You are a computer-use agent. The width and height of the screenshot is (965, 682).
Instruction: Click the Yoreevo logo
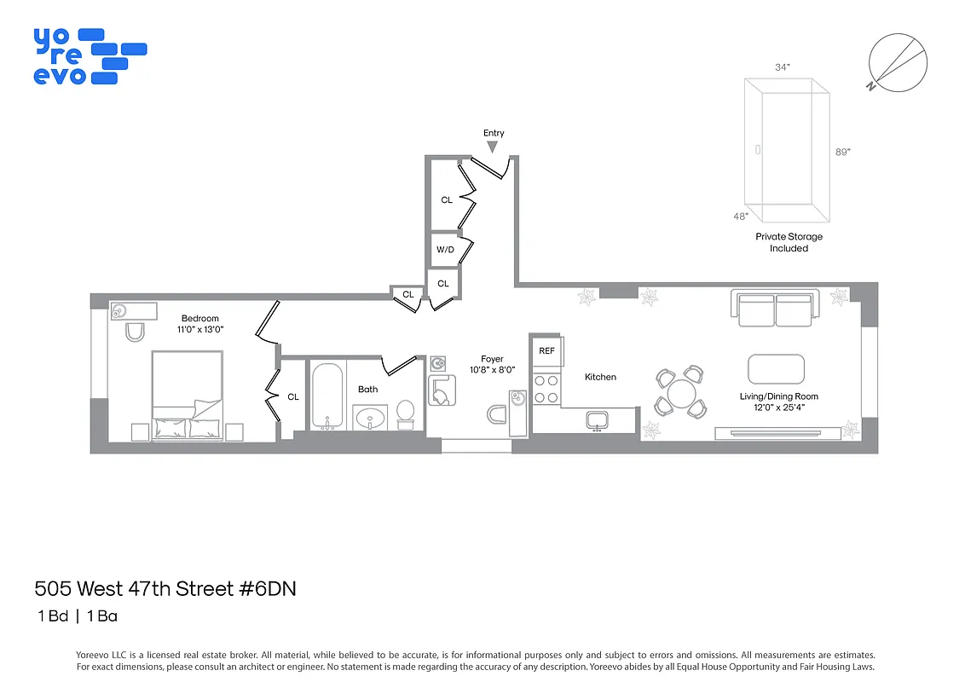coord(89,56)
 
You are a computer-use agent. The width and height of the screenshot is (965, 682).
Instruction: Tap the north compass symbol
coord(896,61)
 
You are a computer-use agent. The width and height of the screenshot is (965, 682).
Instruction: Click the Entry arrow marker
coord(492,147)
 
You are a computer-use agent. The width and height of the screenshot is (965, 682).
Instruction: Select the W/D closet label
coord(445,250)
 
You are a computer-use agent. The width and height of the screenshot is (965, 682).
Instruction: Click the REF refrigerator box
coord(546,350)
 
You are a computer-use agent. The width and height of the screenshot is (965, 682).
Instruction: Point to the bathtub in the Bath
coord(327,396)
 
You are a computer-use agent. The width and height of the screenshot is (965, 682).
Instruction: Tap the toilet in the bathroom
coord(405,413)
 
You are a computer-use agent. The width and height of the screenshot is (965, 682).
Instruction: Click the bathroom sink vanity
coord(369,419)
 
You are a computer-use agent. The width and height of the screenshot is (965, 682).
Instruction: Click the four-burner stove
coord(546,389)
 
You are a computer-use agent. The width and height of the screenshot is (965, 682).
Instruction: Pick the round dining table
coord(681,393)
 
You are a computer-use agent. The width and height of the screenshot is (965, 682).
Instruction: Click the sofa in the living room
coord(775,309)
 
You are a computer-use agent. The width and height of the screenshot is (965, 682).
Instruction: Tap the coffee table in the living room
coord(776,369)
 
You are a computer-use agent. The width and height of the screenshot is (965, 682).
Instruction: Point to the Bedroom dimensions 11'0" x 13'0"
coord(199,330)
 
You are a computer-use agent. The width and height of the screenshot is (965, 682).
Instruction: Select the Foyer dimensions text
coord(492,371)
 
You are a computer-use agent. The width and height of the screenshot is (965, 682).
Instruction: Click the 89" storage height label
coord(842,151)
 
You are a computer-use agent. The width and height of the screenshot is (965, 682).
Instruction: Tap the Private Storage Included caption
coord(789,242)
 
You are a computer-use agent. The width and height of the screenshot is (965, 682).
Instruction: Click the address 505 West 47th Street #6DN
coord(165,588)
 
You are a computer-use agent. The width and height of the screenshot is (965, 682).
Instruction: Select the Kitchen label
coord(600,377)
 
